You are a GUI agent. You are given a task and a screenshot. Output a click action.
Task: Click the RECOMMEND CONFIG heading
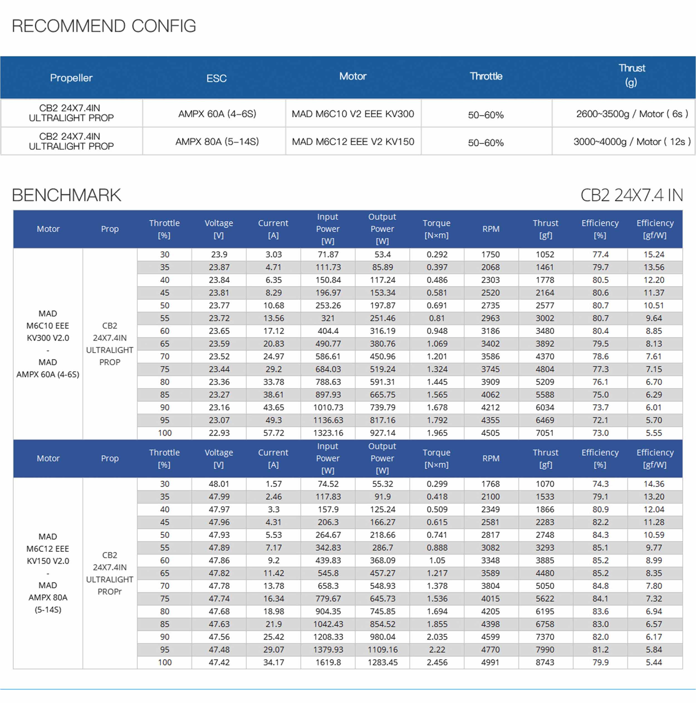click(104, 26)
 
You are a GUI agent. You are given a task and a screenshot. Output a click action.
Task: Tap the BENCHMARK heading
click(66, 195)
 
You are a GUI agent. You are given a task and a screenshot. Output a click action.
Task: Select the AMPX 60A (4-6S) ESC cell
click(217, 114)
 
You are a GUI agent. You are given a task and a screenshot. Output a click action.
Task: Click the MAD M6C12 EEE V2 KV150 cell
click(353, 142)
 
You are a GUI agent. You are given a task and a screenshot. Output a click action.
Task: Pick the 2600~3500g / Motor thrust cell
click(632, 114)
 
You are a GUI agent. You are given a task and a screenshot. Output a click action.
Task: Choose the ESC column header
click(217, 78)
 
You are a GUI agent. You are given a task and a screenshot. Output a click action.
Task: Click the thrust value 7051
click(545, 433)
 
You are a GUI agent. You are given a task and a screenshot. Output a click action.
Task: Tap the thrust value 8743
click(545, 662)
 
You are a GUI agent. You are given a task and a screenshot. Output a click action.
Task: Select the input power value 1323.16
click(328, 433)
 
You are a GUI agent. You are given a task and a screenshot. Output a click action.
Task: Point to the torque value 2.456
click(437, 662)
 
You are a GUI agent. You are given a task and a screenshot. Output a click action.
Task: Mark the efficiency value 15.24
click(654, 255)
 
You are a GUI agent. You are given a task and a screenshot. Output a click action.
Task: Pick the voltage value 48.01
click(219, 484)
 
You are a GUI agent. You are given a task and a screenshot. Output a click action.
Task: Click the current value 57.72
click(273, 433)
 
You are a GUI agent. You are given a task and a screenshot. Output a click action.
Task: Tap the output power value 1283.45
click(382, 662)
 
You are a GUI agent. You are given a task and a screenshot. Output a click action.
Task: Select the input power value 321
click(328, 318)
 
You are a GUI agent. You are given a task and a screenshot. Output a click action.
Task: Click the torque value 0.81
click(437, 318)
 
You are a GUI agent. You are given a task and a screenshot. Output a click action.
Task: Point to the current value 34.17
click(273, 662)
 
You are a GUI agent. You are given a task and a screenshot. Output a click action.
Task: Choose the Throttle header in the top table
click(486, 77)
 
